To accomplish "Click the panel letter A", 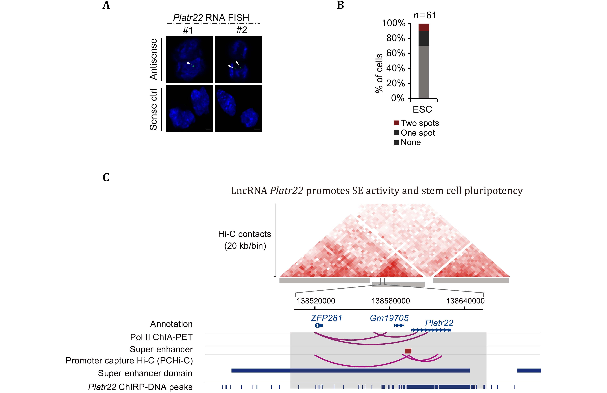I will (106, 5).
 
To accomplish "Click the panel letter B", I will (340, 5).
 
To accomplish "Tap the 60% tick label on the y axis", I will (395, 53).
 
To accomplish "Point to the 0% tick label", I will (398, 98).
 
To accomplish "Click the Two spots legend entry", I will (416, 123).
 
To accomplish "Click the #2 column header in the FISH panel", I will (241, 30).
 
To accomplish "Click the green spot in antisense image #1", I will (193, 66).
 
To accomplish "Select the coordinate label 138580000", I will (390, 301).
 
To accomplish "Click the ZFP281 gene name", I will (326, 318).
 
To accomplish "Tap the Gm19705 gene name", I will (389, 318).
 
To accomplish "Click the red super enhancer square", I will (408, 351).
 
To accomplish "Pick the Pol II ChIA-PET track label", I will (161, 337).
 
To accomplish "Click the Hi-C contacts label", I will (244, 234).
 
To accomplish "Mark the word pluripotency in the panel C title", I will (493, 191).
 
